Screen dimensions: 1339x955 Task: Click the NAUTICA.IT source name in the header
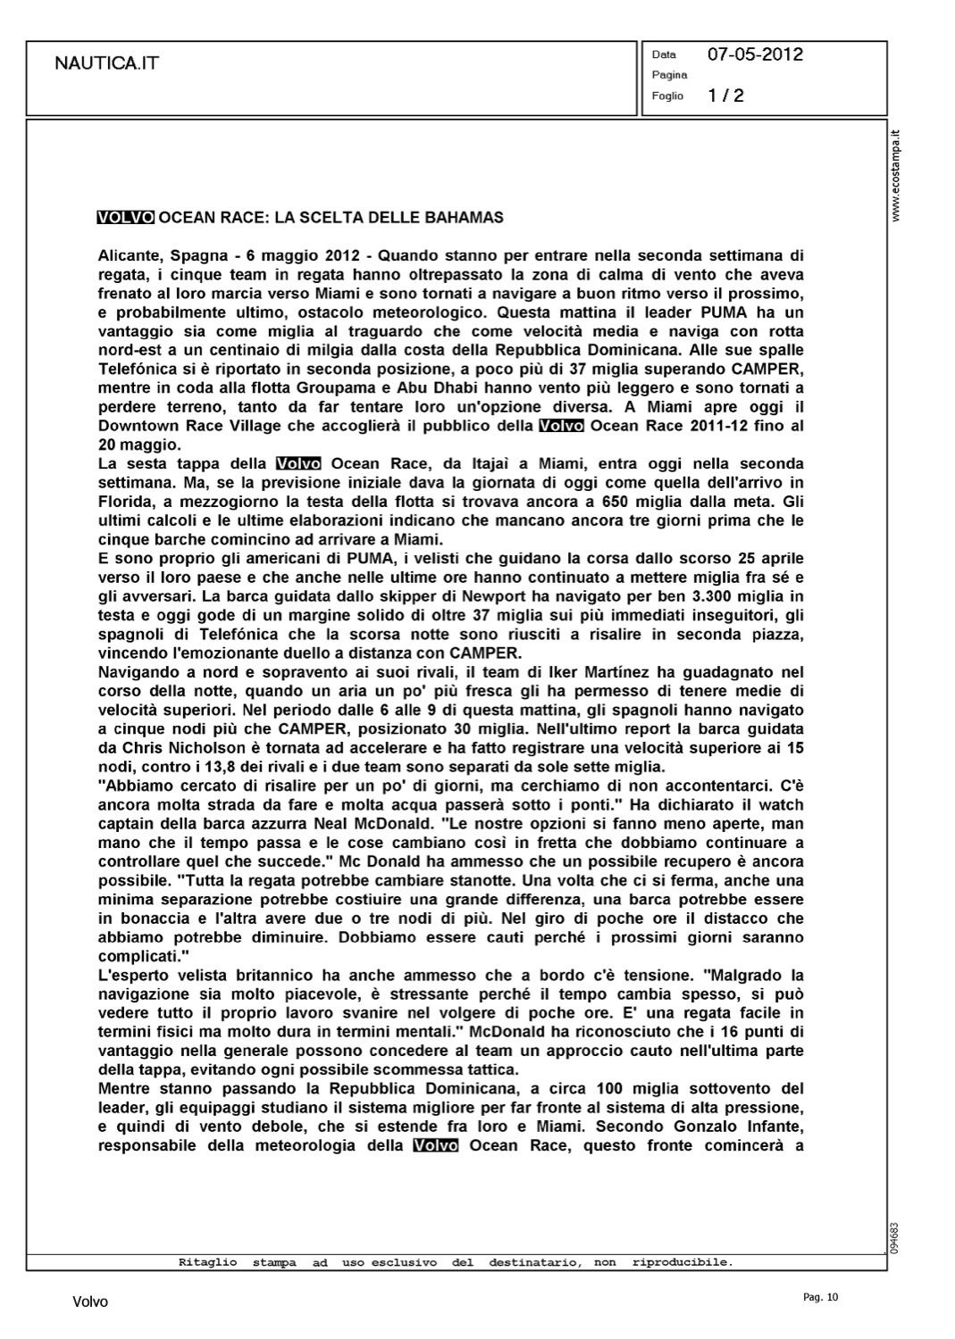[x=107, y=63]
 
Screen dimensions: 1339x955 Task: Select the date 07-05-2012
[x=755, y=54]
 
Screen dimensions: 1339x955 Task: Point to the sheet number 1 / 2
[x=725, y=96]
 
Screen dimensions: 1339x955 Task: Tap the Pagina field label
[x=669, y=75]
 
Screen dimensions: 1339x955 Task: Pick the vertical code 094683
[x=895, y=1238]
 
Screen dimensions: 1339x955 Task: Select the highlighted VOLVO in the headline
[x=125, y=217]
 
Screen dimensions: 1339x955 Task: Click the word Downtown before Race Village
[x=138, y=426]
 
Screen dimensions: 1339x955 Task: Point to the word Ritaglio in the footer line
[x=207, y=1263]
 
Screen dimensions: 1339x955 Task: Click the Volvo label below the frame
[x=90, y=1302]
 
